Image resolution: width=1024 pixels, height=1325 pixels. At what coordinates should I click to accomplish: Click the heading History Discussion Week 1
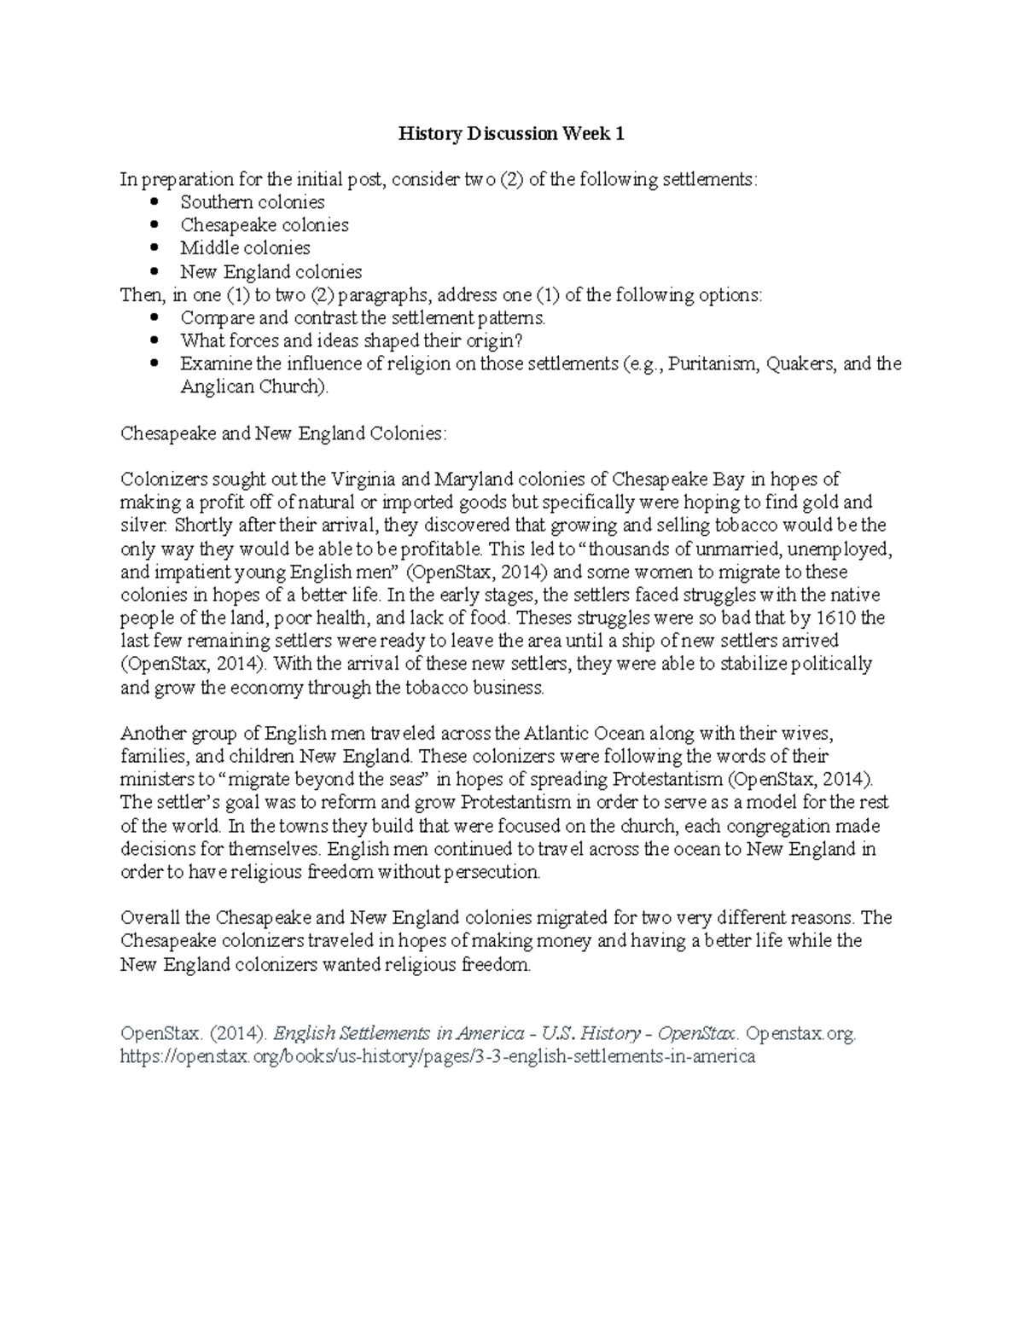tap(512, 134)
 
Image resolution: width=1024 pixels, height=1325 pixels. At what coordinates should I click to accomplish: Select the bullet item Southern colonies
tap(252, 202)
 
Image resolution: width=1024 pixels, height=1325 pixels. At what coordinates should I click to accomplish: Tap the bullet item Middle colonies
tap(245, 248)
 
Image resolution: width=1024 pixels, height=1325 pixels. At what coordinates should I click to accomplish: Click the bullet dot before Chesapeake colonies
tap(154, 225)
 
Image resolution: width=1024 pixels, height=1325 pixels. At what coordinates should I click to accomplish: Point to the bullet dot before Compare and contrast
tap(154, 317)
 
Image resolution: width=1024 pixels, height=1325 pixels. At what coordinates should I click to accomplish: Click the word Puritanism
tap(713, 364)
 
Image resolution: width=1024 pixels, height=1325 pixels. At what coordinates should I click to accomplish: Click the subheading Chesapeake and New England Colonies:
tap(282, 433)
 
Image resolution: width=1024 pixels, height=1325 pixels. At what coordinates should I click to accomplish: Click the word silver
tap(141, 526)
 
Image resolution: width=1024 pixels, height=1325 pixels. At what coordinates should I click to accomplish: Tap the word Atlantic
tap(556, 733)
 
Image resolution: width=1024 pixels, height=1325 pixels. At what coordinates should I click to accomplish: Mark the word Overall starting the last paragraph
tap(150, 918)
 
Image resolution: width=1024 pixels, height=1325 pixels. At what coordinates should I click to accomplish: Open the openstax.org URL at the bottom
tap(438, 1056)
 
